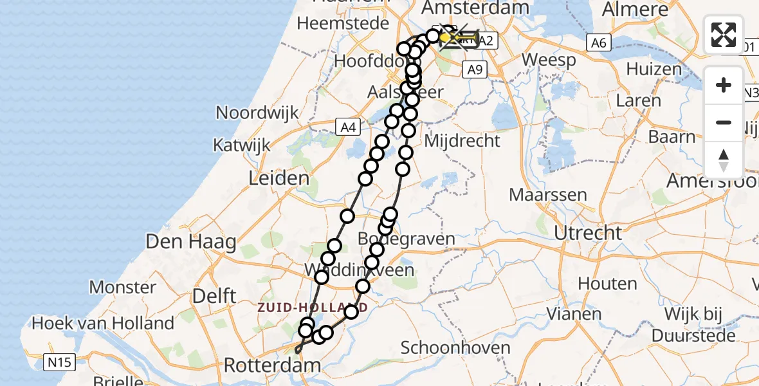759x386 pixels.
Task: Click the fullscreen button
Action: click(x=724, y=35)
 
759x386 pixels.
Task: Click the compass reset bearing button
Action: click(x=724, y=160)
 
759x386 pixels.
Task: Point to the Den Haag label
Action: click(x=183, y=243)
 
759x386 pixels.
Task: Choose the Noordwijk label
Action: click(x=257, y=113)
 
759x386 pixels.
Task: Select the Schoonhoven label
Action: click(x=455, y=348)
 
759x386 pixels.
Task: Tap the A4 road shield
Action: click(x=348, y=127)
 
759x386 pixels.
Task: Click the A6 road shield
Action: click(x=598, y=42)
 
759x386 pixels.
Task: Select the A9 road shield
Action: click(x=474, y=70)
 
